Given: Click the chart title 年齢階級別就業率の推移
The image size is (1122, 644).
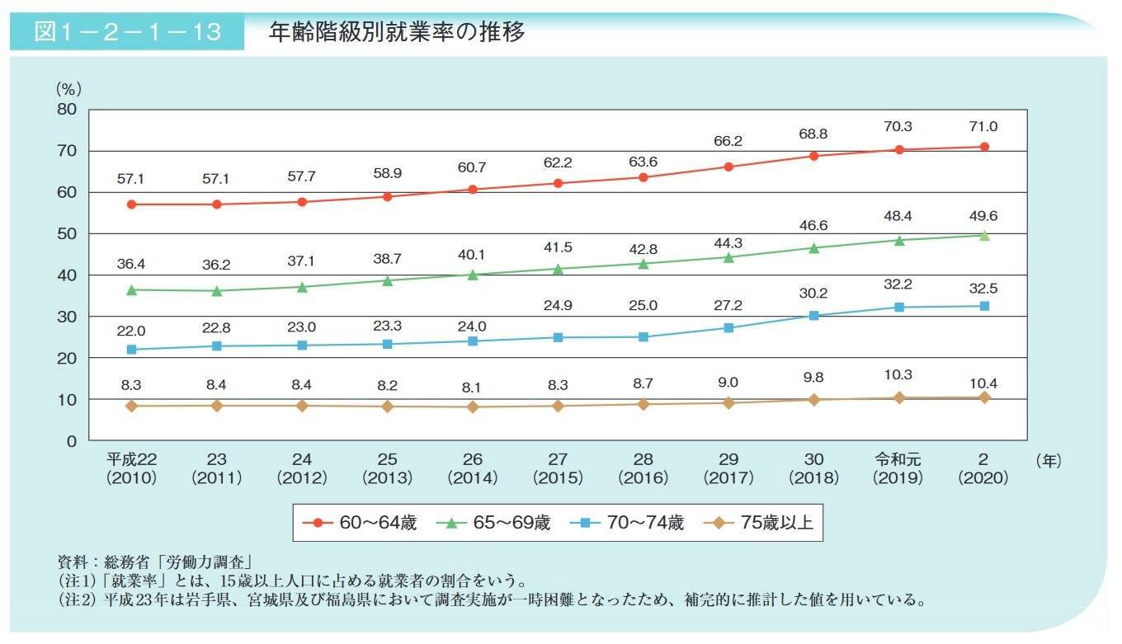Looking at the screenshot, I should coord(397,32).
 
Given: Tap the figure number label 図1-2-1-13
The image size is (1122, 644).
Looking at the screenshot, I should coord(127,32).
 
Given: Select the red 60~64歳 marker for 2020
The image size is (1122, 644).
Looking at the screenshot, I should coord(984,147).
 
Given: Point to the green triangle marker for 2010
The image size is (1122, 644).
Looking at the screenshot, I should coord(131,289).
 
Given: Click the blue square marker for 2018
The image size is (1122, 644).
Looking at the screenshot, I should coord(813,315).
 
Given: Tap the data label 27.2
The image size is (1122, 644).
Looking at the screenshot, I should coord(728,305).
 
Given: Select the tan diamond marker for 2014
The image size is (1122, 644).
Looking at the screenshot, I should coord(472,407).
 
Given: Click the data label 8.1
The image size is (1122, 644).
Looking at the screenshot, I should coord(472,382).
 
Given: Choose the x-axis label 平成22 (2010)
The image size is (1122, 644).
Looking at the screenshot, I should coord(131,468).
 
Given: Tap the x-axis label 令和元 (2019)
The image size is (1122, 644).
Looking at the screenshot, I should coord(898,468).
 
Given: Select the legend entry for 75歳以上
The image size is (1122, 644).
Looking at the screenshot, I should coord(759,523).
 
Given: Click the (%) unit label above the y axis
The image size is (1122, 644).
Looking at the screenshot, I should coord(68,88).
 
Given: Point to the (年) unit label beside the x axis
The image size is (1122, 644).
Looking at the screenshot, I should coord(1047,462).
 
